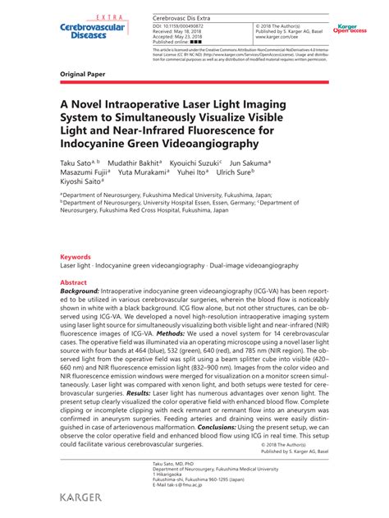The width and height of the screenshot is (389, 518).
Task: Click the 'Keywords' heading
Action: point(76,257)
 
